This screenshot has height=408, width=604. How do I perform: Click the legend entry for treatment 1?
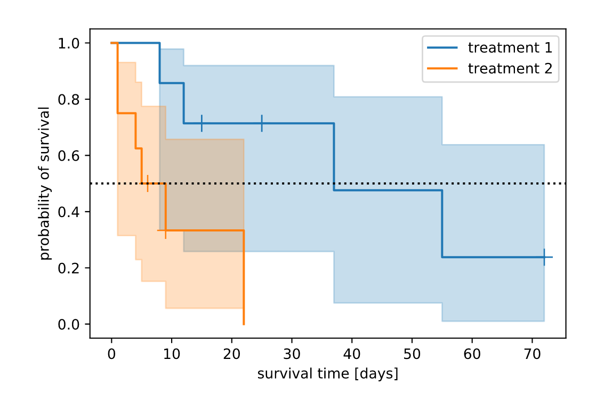pos(510,48)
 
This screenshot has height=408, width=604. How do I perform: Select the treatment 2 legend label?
pos(510,69)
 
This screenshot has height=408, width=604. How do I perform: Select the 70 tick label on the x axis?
pos(532,354)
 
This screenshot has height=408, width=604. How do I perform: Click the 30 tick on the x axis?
pos(292,354)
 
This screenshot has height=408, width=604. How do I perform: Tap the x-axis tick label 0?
pos(111,354)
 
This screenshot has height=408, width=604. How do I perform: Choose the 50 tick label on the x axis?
pos(412,354)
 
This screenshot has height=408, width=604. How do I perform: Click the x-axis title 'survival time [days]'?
pos(327,374)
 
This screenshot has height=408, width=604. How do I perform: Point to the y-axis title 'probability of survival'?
pos(45,183)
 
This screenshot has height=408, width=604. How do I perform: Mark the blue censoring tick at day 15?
pos(202,123)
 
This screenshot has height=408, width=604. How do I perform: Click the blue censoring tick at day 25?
pos(262,123)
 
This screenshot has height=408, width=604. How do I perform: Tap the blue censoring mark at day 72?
pos(544,257)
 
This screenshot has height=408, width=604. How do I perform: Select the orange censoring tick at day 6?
pos(148,183)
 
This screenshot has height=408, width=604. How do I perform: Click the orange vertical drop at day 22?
pos(244,277)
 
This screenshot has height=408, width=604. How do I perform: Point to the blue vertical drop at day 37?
pos(334,157)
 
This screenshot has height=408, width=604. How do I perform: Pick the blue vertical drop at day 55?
pos(442,223)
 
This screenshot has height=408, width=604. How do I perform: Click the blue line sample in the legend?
pos(442,48)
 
